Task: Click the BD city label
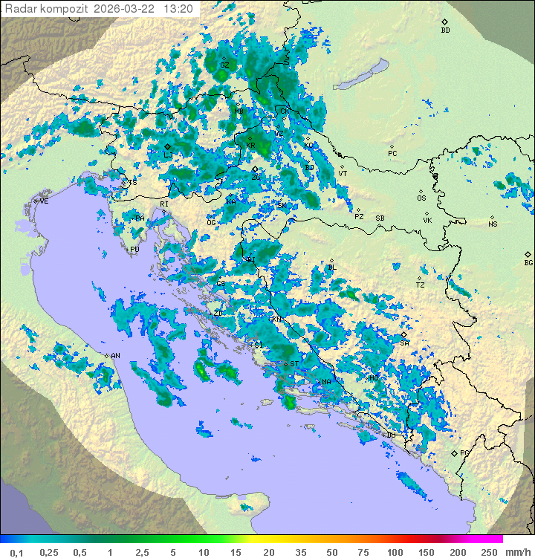445,30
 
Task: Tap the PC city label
392,154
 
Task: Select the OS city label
421,198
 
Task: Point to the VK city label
427,221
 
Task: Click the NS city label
492,224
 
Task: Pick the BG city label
528,262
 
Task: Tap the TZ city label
421,285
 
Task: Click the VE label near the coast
44,201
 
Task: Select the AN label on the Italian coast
115,356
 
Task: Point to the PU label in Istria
134,250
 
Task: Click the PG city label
464,452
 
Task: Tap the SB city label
380,218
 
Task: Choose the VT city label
343,173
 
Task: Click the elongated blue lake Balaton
361,74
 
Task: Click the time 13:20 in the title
178,9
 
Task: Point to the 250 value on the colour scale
488,551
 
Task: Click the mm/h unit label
516,551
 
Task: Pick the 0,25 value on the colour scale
49,551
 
